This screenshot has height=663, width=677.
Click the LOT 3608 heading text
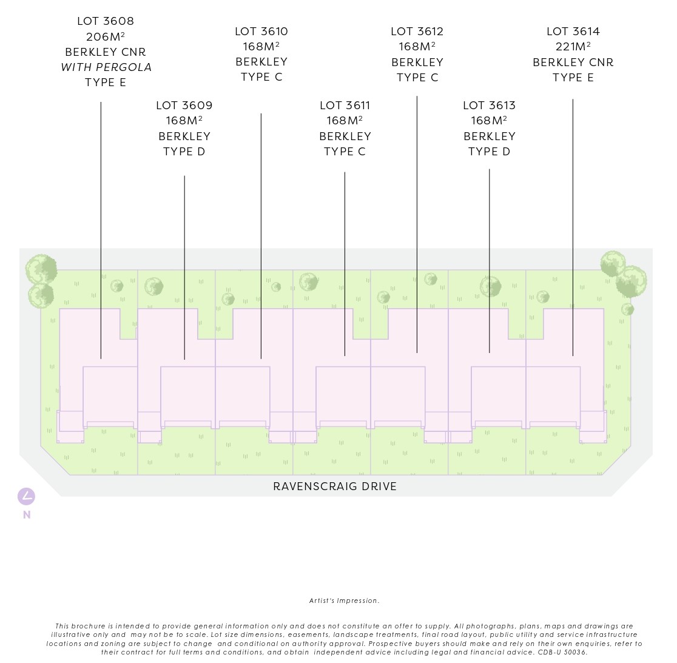pyautogui.click(x=106, y=21)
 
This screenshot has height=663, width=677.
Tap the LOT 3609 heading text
pyautogui.click(x=184, y=106)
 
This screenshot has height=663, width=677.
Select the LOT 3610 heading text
pyautogui.click(x=261, y=32)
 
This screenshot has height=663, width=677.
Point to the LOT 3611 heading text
pyautogui.click(x=345, y=106)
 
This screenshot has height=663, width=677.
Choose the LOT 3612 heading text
pyautogui.click(x=417, y=32)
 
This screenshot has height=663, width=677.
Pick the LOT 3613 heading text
pyautogui.click(x=489, y=106)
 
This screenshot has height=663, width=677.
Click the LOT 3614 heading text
pyautogui.click(x=573, y=32)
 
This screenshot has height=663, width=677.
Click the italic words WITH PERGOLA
pyautogui.click(x=106, y=67)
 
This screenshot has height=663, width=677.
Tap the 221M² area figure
pyautogui.click(x=573, y=47)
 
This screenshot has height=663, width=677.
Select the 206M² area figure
pyautogui.click(x=106, y=36)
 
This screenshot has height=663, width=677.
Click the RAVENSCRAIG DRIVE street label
pyautogui.click(x=335, y=486)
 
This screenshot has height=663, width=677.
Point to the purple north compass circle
pyautogui.click(x=26, y=497)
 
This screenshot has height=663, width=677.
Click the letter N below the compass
pyautogui.click(x=27, y=515)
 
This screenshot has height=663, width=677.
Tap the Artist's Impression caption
pyautogui.click(x=344, y=601)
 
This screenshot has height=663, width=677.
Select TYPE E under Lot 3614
pyautogui.click(x=573, y=78)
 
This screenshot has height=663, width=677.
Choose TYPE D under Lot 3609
pyautogui.click(x=184, y=152)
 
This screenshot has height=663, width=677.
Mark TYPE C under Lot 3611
pyautogui.click(x=345, y=152)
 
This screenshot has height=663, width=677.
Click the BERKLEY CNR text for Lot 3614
pyautogui.click(x=573, y=62)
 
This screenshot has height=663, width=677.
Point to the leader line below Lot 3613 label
pyautogui.click(x=490, y=261)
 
